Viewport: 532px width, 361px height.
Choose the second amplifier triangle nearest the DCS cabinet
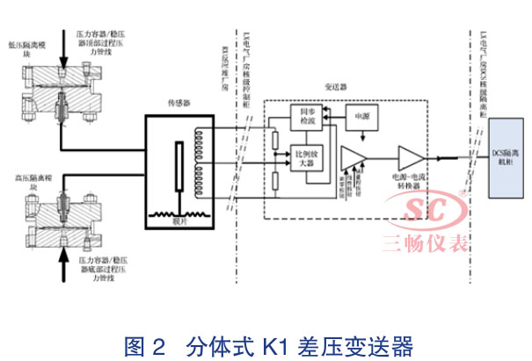click(x=410, y=158)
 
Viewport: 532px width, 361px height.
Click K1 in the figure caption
click(x=250, y=343)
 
